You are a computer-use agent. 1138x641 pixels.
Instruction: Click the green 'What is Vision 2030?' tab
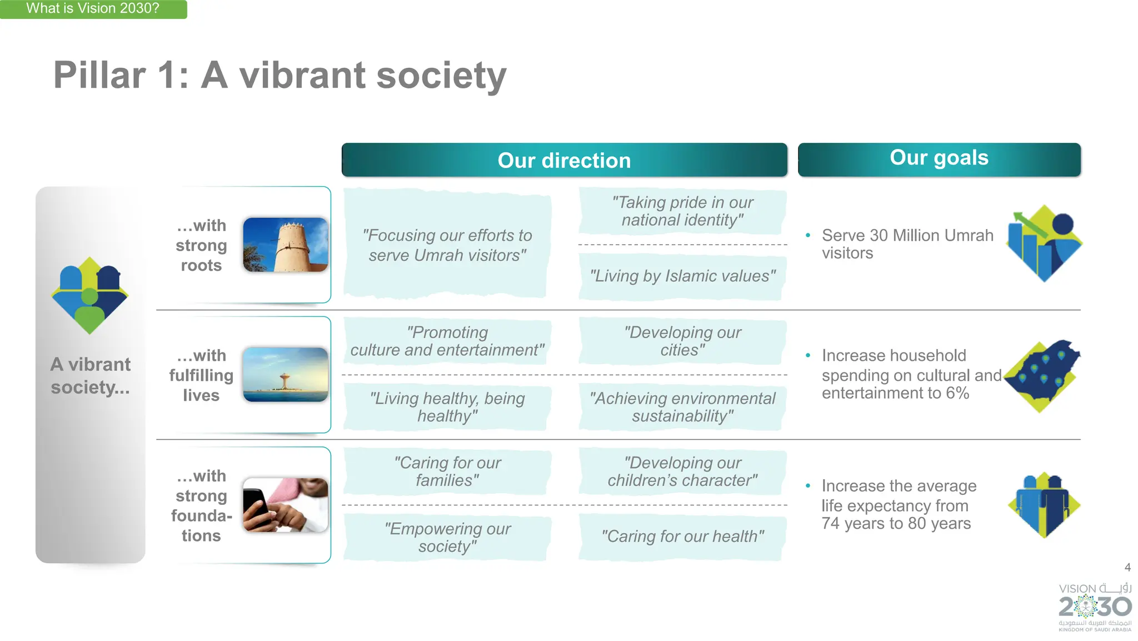tap(93, 9)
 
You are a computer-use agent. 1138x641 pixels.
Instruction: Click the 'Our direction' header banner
tap(564, 160)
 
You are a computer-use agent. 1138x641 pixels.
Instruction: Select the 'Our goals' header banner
tap(939, 158)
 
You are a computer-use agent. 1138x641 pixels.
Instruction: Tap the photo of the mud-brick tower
tap(286, 245)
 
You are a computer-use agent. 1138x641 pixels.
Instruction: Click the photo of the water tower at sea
tap(286, 375)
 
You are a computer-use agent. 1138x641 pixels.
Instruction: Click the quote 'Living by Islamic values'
tap(682, 276)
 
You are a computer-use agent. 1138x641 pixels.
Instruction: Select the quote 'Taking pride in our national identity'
tap(682, 211)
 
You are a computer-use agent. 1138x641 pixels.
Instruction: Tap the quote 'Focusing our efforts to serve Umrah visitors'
tap(447, 245)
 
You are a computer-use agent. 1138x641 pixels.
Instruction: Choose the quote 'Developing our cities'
tap(682, 341)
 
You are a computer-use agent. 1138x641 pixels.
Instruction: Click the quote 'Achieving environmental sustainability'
tap(682, 407)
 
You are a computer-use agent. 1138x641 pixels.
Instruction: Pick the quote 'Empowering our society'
tap(447, 537)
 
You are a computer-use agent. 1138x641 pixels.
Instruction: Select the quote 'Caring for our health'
tap(682, 536)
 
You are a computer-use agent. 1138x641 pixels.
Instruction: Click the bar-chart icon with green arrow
tap(1044, 243)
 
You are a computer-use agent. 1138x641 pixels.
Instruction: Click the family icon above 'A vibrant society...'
tap(90, 295)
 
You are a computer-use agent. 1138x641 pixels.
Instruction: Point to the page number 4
tap(1127, 568)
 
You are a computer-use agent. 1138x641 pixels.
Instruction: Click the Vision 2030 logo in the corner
tap(1095, 607)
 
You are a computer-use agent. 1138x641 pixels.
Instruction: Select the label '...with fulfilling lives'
tap(201, 375)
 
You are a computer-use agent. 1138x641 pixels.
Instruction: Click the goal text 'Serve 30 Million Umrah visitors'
tap(907, 244)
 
